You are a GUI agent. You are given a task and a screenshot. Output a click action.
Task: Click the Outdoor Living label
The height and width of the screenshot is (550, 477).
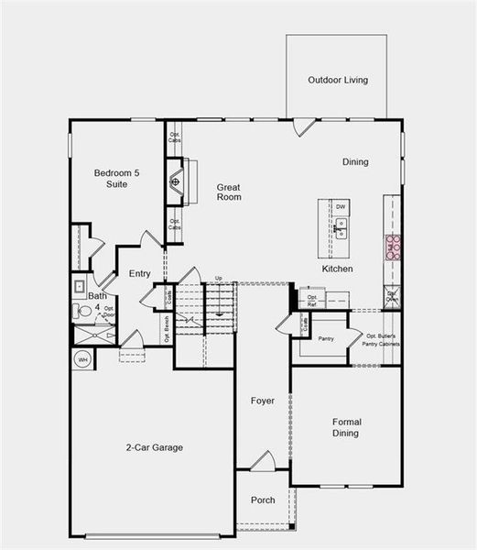338,81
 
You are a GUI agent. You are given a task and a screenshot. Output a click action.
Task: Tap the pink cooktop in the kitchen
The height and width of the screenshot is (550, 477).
392,247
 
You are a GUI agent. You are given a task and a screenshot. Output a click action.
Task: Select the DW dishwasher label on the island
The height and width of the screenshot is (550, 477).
341,207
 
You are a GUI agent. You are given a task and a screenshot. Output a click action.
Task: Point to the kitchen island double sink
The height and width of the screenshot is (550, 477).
341,228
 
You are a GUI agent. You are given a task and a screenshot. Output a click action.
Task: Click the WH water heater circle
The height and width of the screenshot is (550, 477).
82,359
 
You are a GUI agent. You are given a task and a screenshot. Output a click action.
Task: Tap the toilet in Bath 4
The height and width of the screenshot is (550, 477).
85,311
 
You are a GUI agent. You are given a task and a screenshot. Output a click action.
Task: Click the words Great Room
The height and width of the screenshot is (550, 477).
228,192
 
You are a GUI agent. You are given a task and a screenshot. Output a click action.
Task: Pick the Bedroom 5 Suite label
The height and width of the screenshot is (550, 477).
115,179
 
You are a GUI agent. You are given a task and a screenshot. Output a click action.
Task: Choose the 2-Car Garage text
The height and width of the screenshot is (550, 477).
154,447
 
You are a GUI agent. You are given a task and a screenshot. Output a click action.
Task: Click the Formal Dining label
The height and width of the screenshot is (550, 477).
345,427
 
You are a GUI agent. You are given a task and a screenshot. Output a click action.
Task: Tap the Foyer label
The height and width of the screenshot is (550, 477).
263,401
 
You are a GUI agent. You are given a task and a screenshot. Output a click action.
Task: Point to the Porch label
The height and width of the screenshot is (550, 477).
263,500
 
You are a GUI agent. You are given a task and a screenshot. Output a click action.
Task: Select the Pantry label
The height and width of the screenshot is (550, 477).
326,339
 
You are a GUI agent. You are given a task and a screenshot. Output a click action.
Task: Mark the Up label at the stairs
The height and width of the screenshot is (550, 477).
218,279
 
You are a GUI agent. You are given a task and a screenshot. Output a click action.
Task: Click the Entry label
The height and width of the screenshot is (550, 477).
140,273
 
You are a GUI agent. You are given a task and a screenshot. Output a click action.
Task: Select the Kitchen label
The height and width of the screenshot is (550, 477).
337,269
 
